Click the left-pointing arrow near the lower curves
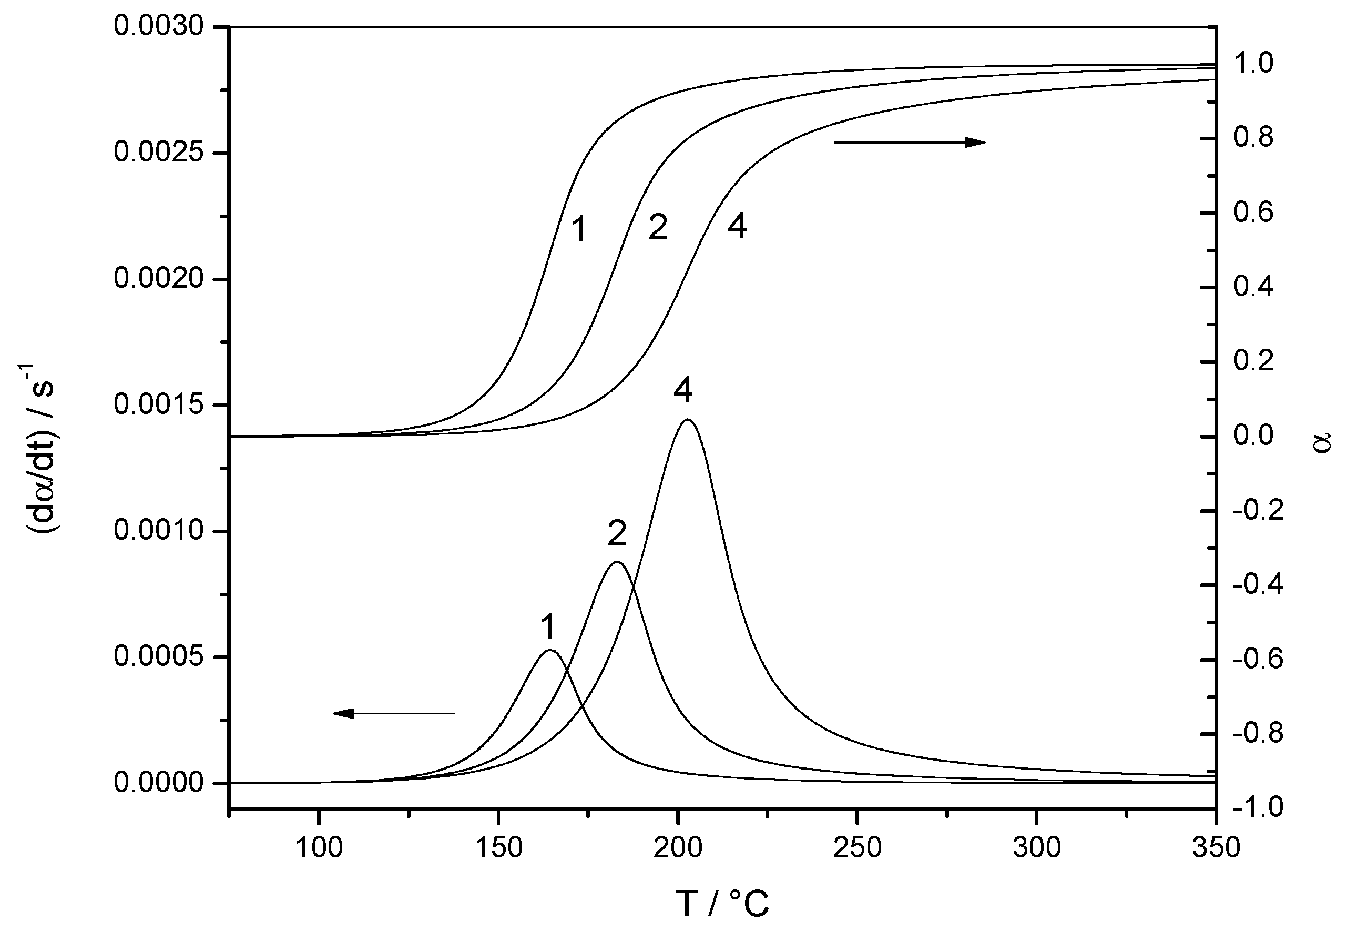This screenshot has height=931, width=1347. [x=394, y=713]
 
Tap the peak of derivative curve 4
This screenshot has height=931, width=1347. [x=688, y=419]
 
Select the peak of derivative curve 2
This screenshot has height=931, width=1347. [x=616, y=562]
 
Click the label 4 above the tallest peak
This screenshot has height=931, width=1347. [x=683, y=390]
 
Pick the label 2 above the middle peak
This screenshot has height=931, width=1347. [x=616, y=533]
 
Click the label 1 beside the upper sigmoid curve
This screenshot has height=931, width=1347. [x=578, y=229]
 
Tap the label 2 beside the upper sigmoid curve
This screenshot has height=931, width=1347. [x=657, y=228]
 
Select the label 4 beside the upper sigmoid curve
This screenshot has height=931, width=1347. [x=737, y=226]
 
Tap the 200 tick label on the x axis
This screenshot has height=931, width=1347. [x=677, y=847]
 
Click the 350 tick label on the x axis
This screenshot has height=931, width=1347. [x=1215, y=847]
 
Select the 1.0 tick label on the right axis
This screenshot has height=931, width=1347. [x=1254, y=64]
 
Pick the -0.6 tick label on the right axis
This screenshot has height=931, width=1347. [x=1258, y=659]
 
